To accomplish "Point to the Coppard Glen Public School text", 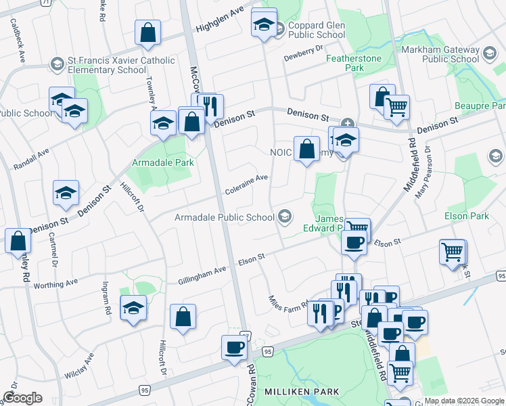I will click(x=317, y=30).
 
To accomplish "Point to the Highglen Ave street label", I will click(x=218, y=22).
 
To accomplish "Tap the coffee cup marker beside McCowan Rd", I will click(x=235, y=348).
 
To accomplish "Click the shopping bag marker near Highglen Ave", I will click(x=147, y=33).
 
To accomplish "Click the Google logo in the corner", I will click(x=22, y=398).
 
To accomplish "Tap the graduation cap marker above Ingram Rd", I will click(x=134, y=308).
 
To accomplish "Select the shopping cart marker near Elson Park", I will click(x=452, y=252).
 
